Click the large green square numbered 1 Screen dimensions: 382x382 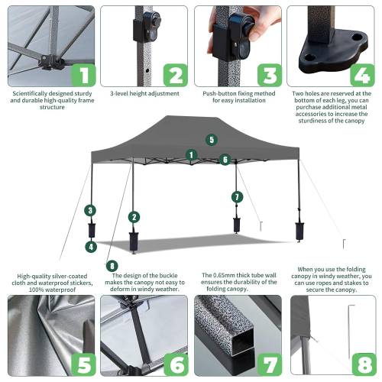tap(83, 74)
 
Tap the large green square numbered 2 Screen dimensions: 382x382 tap(175, 74)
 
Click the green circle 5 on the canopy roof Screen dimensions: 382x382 tap(211, 140)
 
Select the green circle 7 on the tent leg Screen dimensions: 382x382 tap(237, 196)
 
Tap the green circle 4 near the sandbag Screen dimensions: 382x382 tap(91, 246)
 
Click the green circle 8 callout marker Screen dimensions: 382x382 tap(113, 265)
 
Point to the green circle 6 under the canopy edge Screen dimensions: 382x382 tap(225, 160)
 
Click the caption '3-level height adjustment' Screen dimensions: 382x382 tap(144, 94)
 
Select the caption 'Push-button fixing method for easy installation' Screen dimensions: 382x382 tap(238, 98)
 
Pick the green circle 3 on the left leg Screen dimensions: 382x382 tap(91, 210)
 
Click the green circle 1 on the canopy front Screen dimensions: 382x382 tap(192, 154)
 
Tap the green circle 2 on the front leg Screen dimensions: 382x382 tap(134, 217)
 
